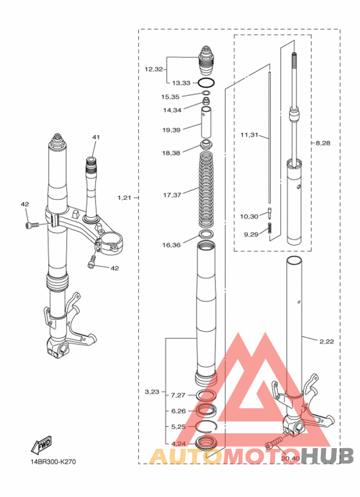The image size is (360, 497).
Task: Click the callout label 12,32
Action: [x=154, y=69]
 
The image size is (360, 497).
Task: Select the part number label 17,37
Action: [x=172, y=195]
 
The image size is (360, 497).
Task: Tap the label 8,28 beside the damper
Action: [x=323, y=143]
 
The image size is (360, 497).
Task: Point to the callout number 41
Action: [x=96, y=137]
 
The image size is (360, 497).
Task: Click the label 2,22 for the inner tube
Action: [x=327, y=341]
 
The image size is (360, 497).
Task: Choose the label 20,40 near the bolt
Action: [x=291, y=458]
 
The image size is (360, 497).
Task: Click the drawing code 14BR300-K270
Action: [x=53, y=462]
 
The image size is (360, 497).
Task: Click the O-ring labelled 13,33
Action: [x=206, y=82]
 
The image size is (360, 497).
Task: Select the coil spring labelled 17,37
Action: [x=206, y=190]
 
